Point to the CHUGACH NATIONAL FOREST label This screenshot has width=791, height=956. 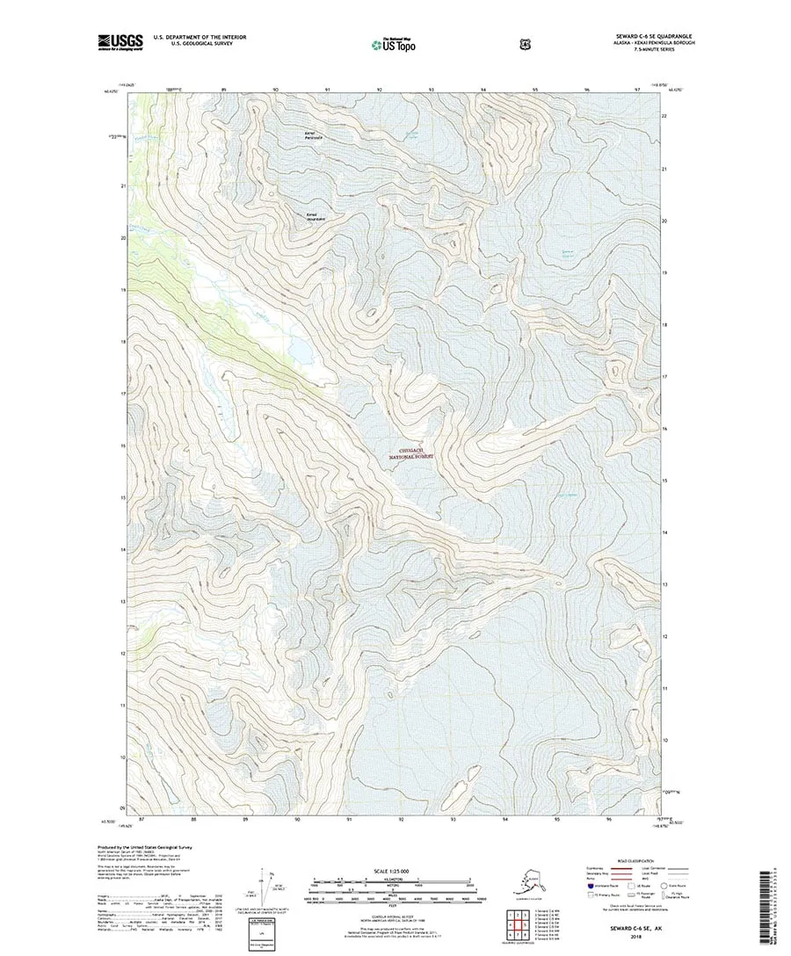pos(412,453)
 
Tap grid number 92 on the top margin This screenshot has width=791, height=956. pos(380,90)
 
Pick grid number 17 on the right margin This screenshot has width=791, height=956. pos(665,377)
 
